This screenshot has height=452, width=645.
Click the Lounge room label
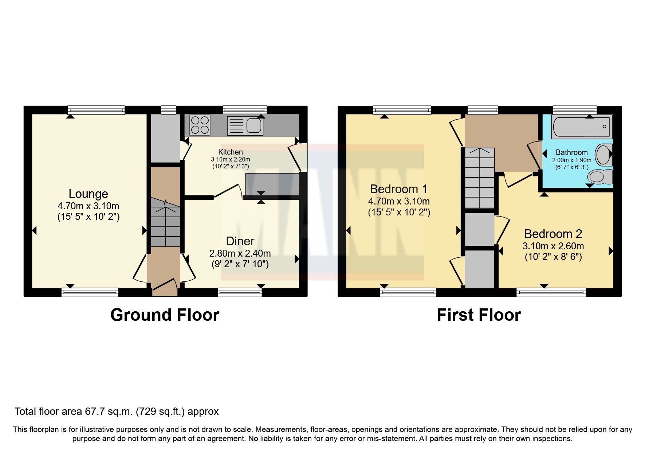(89, 194)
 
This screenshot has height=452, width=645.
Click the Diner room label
(240, 241)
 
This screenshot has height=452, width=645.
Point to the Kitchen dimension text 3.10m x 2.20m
(231, 160)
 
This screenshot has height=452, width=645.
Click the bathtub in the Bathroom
(581, 126)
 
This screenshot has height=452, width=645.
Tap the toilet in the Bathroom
(599, 177)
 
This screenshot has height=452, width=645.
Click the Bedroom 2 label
(553, 234)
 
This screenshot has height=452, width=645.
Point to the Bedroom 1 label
(398, 189)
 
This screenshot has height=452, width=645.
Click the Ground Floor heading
(165, 315)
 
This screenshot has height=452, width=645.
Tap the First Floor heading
(479, 315)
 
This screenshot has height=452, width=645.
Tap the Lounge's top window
(97, 110)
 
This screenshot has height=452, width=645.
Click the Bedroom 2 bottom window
(551, 292)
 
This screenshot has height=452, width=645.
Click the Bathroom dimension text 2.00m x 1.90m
(571, 160)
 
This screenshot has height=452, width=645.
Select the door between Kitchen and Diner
(228, 191)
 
